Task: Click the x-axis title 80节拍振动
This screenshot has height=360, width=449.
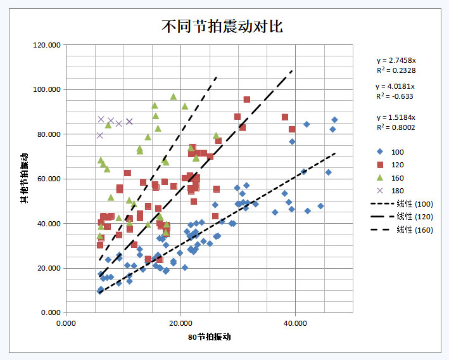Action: click(209, 337)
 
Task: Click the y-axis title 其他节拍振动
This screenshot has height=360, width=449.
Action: click(24, 179)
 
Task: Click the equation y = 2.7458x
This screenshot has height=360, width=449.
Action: click(395, 61)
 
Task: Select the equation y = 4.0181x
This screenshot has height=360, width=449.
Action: click(395, 86)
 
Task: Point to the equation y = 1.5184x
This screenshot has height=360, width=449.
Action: click(395, 117)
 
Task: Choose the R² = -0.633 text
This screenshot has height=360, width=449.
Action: click(395, 96)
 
